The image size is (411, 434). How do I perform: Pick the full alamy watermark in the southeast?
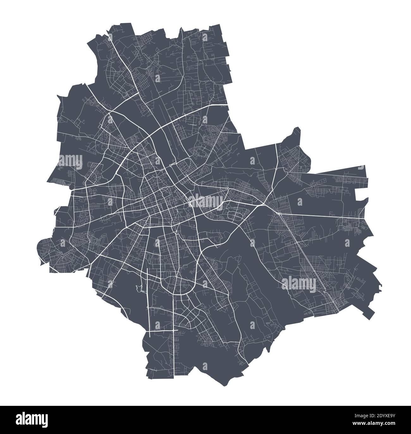coord(298,282)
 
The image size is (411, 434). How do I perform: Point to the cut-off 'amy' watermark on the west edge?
coord(70,158)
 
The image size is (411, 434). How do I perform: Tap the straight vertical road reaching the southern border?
coord(174,348)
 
